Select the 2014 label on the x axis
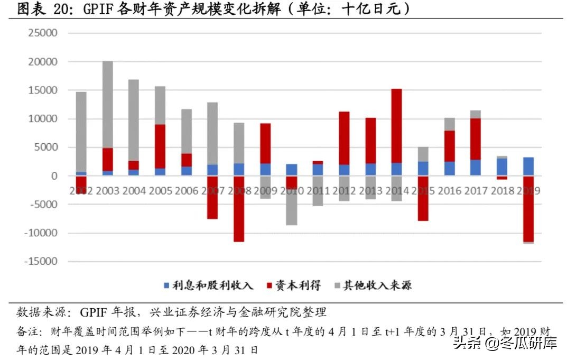397,190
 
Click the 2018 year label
501,190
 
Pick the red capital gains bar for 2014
397,126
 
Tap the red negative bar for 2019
528,209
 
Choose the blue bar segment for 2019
528,167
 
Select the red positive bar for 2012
344,138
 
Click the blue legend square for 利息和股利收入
166,286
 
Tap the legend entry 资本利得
297,286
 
